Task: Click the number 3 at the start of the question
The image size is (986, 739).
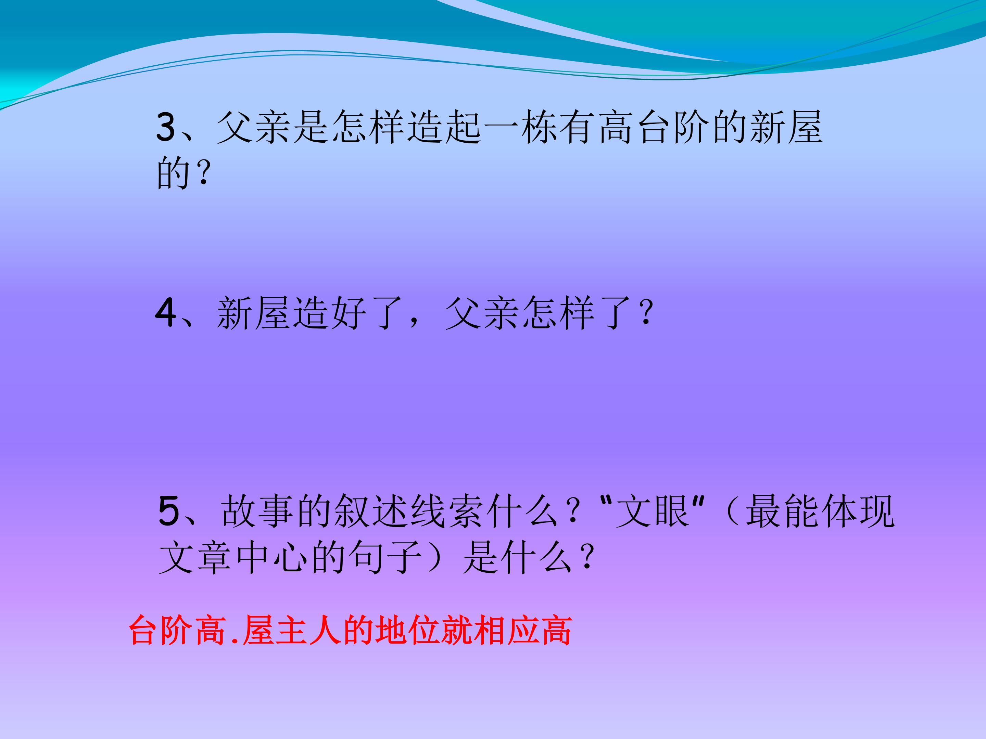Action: point(166,127)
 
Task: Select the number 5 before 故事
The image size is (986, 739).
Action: point(168,512)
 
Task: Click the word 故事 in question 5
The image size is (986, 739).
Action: point(258,512)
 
